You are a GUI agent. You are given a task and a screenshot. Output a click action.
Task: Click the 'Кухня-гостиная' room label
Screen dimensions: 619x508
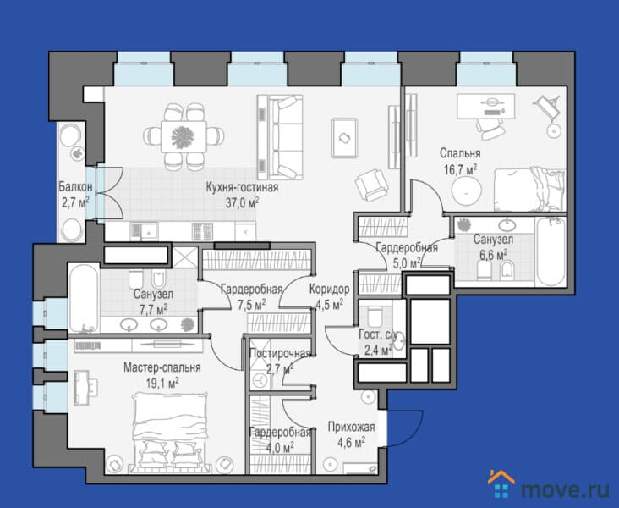tap(242, 187)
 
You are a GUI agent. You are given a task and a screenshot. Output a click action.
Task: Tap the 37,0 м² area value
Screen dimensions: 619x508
tap(242, 203)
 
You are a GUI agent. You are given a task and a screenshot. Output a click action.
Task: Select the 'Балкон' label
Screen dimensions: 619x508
tap(76, 186)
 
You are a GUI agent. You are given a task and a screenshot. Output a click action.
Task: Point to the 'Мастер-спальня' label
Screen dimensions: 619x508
tap(162, 367)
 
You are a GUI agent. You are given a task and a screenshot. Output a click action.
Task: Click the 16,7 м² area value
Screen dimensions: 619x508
tap(460, 169)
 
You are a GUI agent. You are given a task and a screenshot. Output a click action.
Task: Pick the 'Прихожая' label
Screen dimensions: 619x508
tap(351, 427)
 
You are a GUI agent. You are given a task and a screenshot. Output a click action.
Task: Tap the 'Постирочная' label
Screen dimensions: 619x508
tap(281, 353)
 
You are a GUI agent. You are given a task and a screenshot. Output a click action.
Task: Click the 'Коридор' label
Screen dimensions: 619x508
tap(329, 289)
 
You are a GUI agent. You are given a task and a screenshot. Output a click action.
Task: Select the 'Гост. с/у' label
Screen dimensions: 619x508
tap(378, 334)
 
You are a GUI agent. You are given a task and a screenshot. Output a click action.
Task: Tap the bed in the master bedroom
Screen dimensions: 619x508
tap(170, 433)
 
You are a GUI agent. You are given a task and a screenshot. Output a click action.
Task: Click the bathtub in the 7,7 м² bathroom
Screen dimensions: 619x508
tap(84, 298)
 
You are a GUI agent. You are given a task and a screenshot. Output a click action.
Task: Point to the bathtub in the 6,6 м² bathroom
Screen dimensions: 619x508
tap(551, 251)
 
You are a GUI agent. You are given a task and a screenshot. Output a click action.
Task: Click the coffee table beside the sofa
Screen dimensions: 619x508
tap(345, 137)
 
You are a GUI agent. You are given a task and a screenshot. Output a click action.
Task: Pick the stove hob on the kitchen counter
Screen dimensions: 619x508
tap(202, 232)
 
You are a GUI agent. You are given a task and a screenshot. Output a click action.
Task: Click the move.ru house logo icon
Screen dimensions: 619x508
tap(501, 484)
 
